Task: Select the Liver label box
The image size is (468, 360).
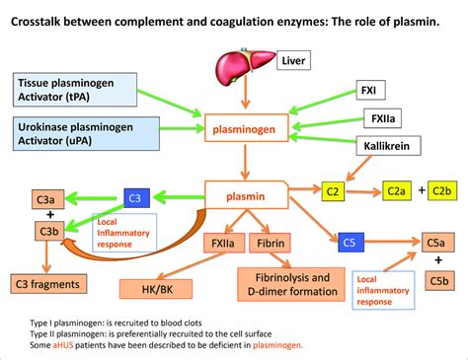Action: click(293, 60)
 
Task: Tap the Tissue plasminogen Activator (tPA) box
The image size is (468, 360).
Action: click(75, 90)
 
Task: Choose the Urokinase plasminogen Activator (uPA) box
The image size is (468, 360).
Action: click(86, 134)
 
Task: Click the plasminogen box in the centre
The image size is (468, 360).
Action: click(247, 128)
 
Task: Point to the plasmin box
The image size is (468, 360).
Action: click(247, 194)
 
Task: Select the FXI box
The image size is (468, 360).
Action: click(371, 90)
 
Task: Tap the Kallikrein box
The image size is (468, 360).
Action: click(388, 146)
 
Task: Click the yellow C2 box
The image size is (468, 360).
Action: click(333, 191)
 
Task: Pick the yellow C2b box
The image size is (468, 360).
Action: click(442, 190)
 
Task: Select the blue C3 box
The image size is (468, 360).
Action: click(137, 198)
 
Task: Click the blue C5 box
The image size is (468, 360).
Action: click(351, 243)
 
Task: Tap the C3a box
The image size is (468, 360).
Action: click(48, 199)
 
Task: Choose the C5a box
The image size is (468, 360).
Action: click(438, 243)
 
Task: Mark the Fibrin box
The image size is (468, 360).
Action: click(270, 243)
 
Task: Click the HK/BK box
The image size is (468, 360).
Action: click(156, 289)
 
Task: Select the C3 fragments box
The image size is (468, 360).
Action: click(48, 284)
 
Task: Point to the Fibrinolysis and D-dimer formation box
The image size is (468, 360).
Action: click(291, 284)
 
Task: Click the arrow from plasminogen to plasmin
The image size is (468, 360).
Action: click(245, 162)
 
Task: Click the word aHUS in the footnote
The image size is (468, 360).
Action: click(63, 345)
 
